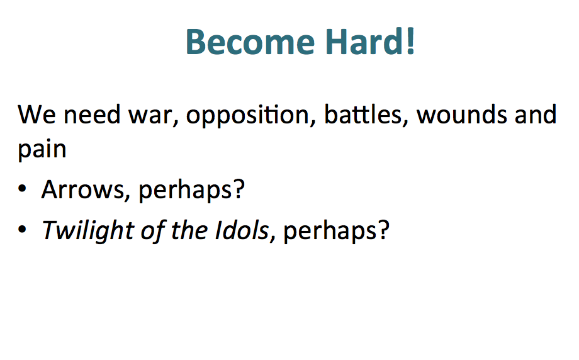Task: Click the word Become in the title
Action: point(250,42)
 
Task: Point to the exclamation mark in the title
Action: point(410,41)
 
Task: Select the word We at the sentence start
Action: point(37,115)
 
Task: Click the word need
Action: point(92,114)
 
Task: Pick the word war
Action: point(150,116)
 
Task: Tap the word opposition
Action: point(247,115)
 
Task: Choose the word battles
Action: point(363,114)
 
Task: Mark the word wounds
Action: point(461,114)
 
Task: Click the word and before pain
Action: point(536,114)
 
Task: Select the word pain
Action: point(42,150)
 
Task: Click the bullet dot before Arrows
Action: point(22,188)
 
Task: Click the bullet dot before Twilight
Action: point(22,229)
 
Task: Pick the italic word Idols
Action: point(242,230)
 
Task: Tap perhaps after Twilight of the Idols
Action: point(330,232)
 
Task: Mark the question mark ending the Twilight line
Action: point(383,230)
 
